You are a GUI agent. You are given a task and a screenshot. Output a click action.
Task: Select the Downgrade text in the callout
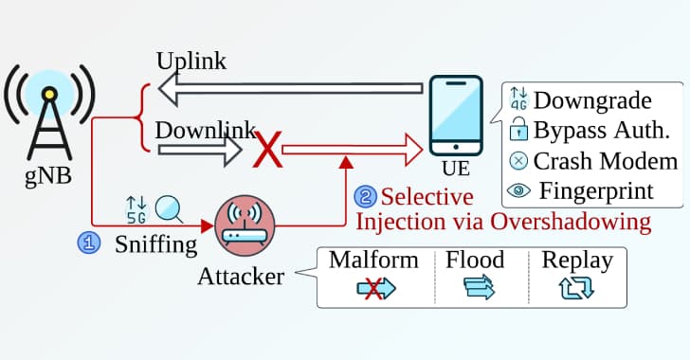click(x=593, y=99)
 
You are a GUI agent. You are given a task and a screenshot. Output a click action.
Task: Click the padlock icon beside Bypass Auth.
click(x=517, y=130)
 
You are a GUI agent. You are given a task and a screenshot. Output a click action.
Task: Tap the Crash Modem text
click(x=606, y=160)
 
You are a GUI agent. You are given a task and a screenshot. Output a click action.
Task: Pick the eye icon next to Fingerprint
click(x=517, y=190)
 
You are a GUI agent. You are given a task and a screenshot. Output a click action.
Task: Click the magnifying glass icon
click(x=169, y=207)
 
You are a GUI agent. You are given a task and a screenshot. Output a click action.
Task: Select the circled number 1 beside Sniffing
click(x=87, y=243)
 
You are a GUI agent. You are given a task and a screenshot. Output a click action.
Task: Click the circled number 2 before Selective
click(x=365, y=197)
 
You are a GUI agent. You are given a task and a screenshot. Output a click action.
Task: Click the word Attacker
click(x=241, y=278)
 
